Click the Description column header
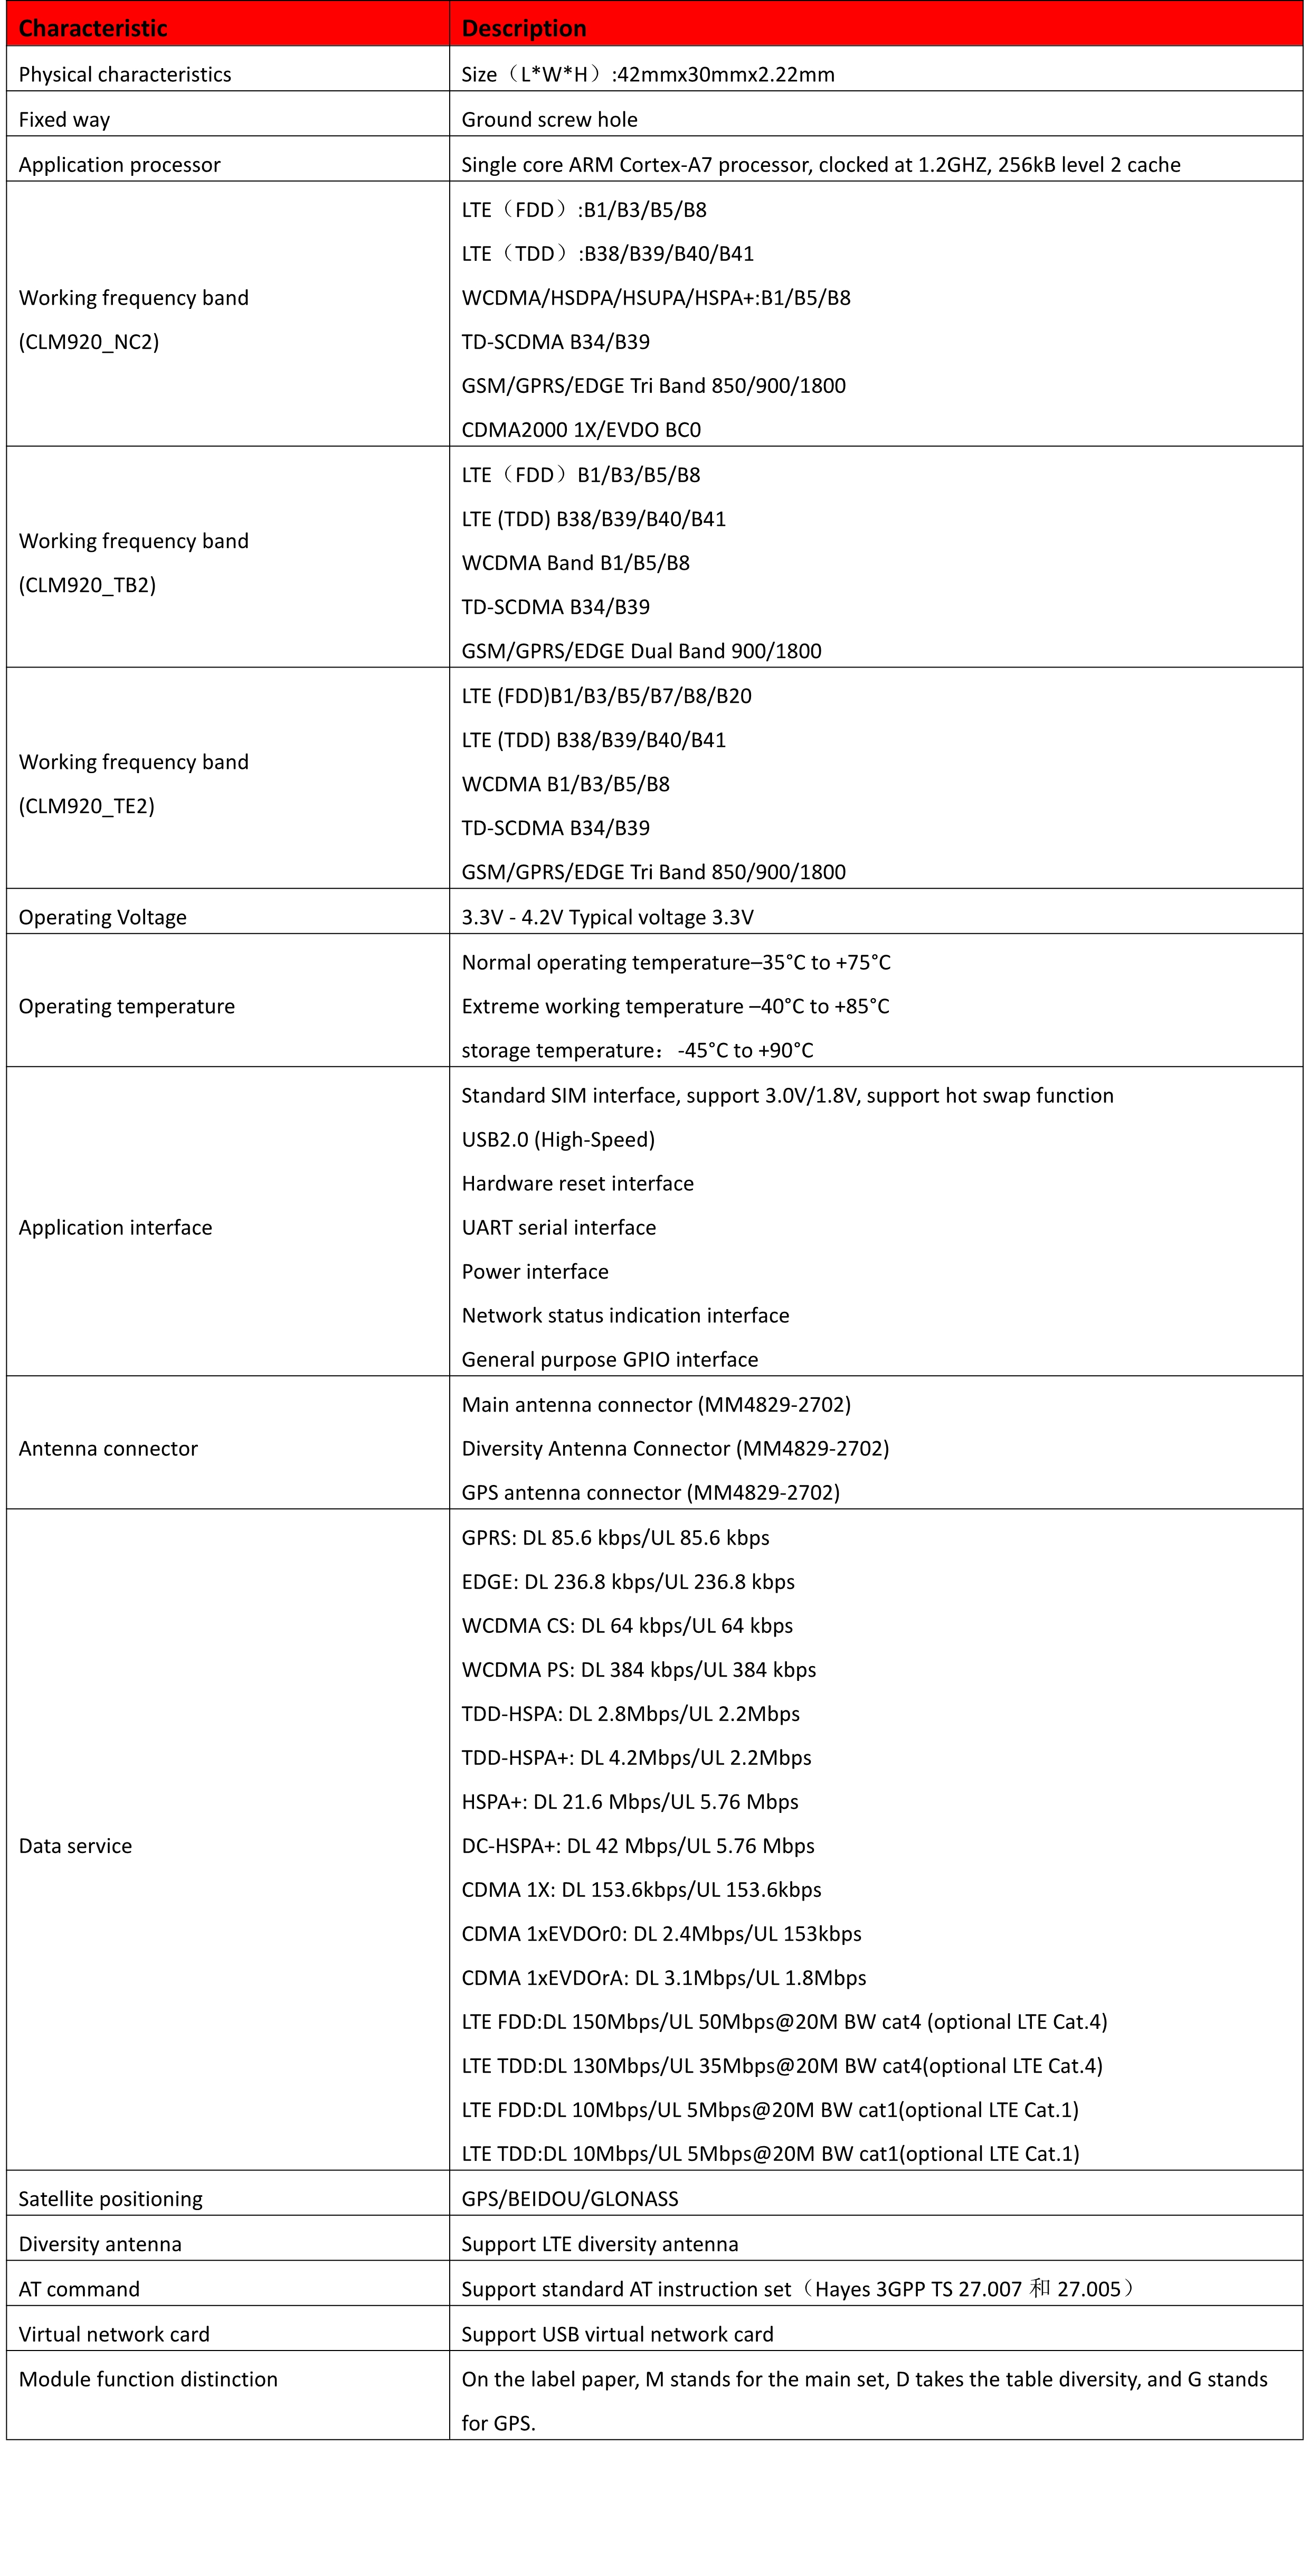[524, 28]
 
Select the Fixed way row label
[64, 119]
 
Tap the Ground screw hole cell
[549, 119]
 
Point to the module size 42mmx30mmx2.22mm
[725, 74]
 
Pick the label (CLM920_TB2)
[87, 585]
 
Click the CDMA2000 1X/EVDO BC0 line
[581, 430]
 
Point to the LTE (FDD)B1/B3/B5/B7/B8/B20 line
[606, 696]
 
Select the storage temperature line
[637, 1050]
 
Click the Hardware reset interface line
[577, 1183]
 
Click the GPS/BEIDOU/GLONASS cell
[570, 2198]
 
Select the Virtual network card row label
[114, 2334]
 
